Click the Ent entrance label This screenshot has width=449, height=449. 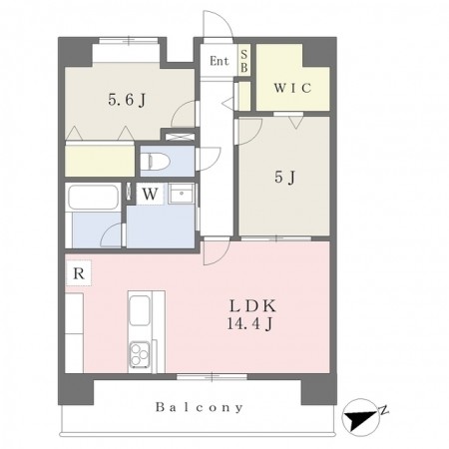pyautogui.click(x=220, y=61)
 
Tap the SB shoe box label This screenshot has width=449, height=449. pyautogui.click(x=244, y=61)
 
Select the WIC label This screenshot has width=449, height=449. pyautogui.click(x=292, y=88)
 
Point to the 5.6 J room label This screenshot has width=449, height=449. pyautogui.click(x=127, y=99)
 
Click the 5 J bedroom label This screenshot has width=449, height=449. pyautogui.click(x=285, y=177)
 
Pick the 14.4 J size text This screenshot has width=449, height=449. pyautogui.click(x=250, y=323)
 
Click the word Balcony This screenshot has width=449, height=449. pyautogui.click(x=200, y=407)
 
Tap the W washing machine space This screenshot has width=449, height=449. pyautogui.click(x=150, y=194)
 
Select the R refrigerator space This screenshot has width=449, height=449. pyautogui.click(x=79, y=273)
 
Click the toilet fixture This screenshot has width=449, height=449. pyautogui.click(x=156, y=162)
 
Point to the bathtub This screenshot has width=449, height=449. pyautogui.click(x=94, y=198)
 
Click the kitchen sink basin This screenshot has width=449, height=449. pyautogui.click(x=140, y=310)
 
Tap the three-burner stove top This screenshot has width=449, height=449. pyautogui.click(x=140, y=354)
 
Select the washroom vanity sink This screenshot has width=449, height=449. pyautogui.click(x=181, y=194)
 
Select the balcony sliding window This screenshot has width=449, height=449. pyautogui.click(x=212, y=377)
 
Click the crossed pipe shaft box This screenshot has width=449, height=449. pyautogui.click(x=180, y=137)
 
